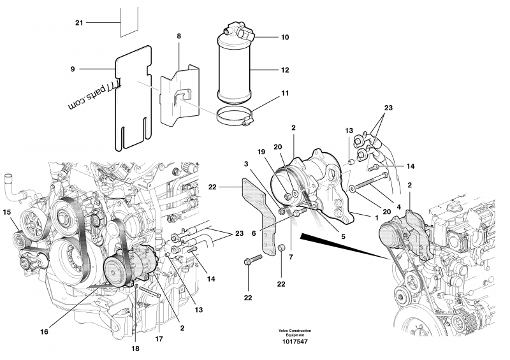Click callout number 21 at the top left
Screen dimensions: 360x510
pyautogui.click(x=79, y=23)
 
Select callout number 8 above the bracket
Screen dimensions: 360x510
pyautogui.click(x=179, y=36)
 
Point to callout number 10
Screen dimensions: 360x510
pyautogui.click(x=285, y=38)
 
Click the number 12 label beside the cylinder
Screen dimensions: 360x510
pyautogui.click(x=285, y=69)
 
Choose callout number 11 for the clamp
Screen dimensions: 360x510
pyautogui.click(x=285, y=93)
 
